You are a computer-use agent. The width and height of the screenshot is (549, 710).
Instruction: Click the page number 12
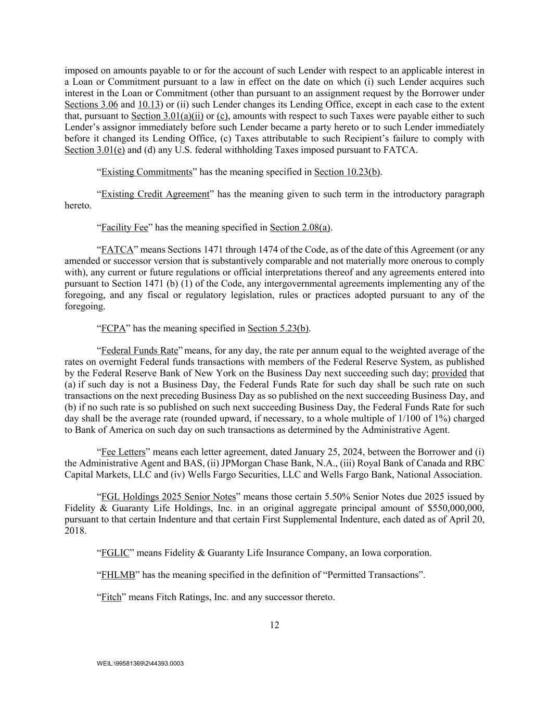[274, 625]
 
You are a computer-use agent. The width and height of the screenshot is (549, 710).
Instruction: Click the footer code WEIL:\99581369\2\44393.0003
[140, 664]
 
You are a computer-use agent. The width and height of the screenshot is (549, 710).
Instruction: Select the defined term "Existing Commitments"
[147, 172]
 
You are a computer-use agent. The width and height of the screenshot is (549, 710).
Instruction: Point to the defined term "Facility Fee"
[124, 227]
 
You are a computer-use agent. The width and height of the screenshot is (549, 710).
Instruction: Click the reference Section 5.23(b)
[278, 328]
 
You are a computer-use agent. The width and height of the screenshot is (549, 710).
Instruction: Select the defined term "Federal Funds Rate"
[139, 351]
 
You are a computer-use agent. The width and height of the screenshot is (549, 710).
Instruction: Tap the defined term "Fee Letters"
[123, 452]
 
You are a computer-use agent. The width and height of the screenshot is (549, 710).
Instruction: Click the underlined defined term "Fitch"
[111, 597]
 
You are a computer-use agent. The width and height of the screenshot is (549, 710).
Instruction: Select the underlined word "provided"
[449, 373]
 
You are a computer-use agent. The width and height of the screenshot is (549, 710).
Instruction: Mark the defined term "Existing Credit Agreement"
[155, 195]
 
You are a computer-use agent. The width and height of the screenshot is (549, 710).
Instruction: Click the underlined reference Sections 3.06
[91, 105]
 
